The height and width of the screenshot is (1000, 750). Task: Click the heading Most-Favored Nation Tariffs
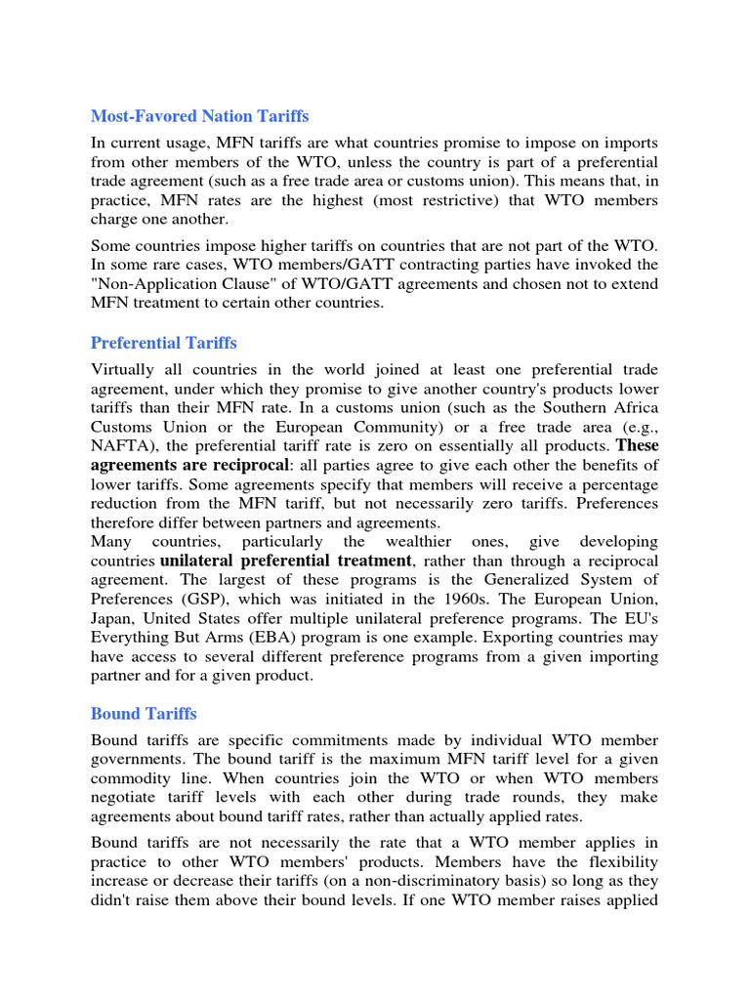pos(199,116)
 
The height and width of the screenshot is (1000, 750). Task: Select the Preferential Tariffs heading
pos(163,343)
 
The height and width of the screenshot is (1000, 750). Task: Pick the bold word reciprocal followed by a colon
pos(258,465)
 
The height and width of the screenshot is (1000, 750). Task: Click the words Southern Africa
pos(603,407)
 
